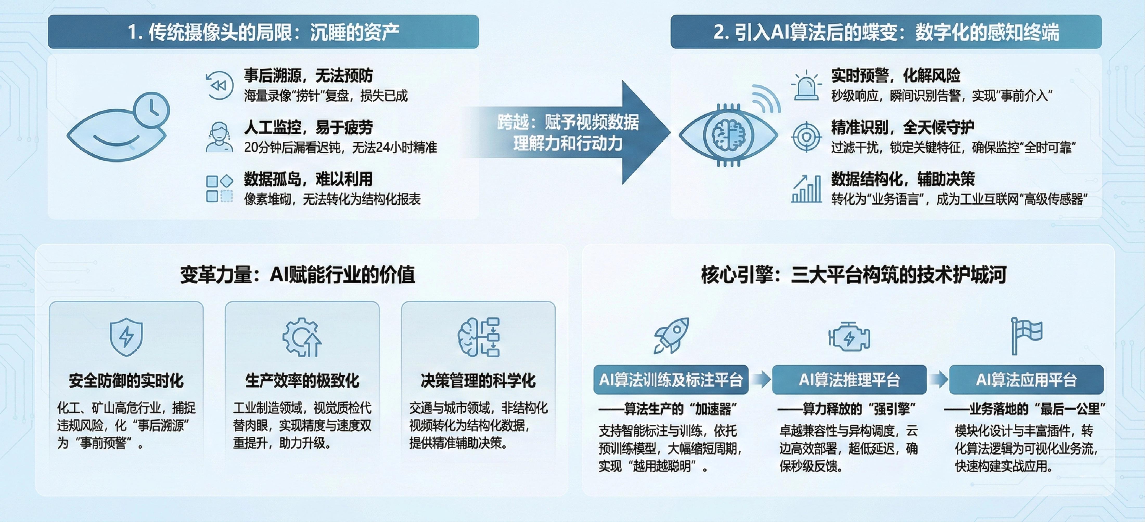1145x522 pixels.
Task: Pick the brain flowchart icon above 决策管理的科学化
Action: coord(478,337)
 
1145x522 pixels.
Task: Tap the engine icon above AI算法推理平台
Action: coord(849,337)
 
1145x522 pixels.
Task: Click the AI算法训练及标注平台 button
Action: coord(671,380)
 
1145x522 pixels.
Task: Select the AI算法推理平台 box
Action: coord(849,380)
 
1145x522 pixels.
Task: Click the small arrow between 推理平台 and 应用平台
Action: coord(938,380)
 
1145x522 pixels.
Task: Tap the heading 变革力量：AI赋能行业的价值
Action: coord(297,274)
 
